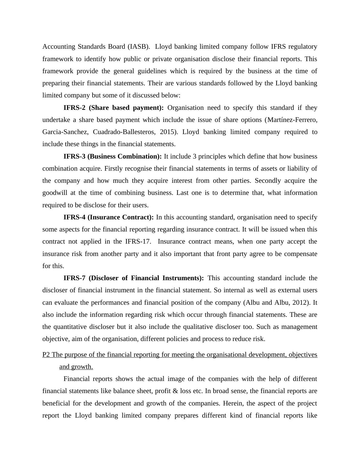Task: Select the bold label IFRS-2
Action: point(74,108)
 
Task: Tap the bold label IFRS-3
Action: point(74,156)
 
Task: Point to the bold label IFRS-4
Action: point(74,217)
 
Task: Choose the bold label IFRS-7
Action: point(74,278)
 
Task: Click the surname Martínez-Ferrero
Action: point(292,120)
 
